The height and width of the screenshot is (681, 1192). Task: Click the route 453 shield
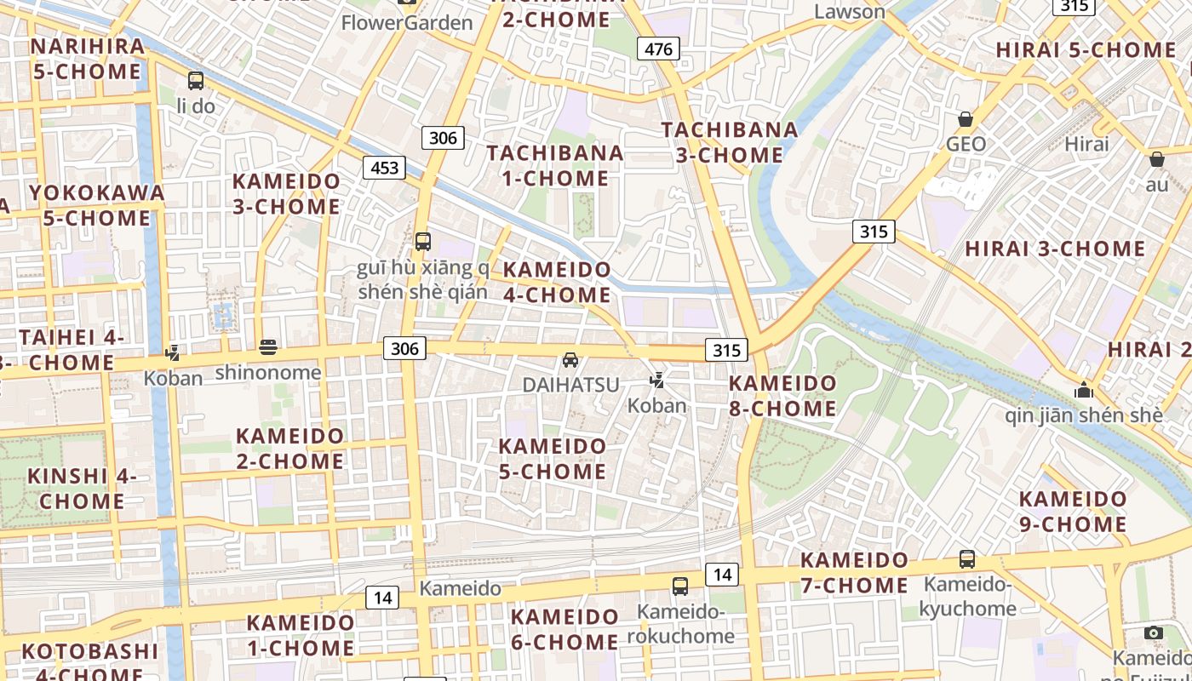(384, 168)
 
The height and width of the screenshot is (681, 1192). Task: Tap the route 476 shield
(659, 49)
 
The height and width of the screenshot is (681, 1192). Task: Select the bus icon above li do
(196, 81)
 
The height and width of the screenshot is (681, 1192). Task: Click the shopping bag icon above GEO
(966, 119)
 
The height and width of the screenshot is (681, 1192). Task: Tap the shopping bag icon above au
(1156, 159)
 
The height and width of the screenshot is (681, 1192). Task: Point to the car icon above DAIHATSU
(570, 360)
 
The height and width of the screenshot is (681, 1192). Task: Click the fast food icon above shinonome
(268, 346)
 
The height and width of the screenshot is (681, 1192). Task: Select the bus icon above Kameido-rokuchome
(680, 586)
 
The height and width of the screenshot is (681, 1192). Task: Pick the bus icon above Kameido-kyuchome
(967, 559)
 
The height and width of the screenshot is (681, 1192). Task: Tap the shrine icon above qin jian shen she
(1084, 390)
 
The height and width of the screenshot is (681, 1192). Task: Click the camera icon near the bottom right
(1154, 632)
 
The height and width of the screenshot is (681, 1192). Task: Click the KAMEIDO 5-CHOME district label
(553, 458)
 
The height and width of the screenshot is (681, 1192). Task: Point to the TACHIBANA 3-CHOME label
(730, 142)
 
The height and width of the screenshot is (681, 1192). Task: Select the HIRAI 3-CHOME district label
(1055, 249)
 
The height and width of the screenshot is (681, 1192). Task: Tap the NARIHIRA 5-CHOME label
(87, 59)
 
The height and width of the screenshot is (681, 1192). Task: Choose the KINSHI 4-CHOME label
(82, 489)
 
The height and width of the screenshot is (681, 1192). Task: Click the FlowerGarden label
(407, 23)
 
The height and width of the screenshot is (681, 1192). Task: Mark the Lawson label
(850, 12)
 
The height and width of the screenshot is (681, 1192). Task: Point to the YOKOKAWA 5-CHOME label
(96, 205)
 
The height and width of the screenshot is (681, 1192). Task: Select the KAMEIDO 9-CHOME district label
(1073, 511)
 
